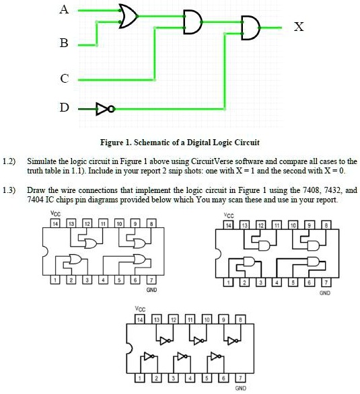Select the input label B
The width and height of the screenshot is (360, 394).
pos(65,44)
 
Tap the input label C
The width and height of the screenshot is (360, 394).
pos(65,79)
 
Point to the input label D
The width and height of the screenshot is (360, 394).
pos(65,108)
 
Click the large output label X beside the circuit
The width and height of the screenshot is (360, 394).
pos(299,28)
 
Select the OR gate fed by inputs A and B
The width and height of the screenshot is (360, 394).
pos(127,16)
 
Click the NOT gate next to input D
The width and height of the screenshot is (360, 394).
pos(102,108)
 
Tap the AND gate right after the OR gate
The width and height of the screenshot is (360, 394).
pos(192,22)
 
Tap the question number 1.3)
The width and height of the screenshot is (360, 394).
pos(9,191)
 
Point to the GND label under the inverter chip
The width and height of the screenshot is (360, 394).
pos(240,389)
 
